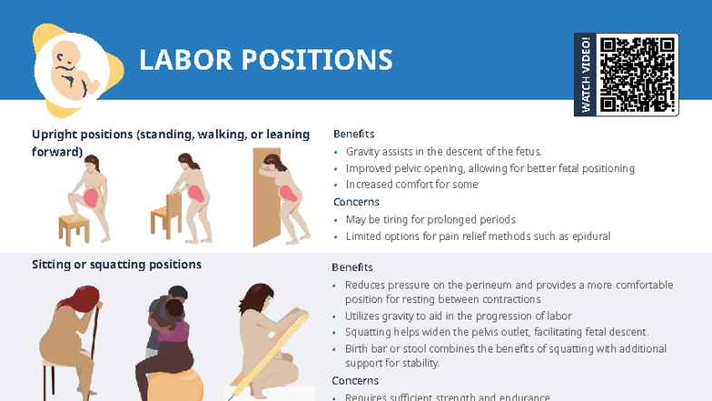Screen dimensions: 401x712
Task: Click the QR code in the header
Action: click(638, 74)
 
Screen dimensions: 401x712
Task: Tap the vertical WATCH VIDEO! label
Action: click(586, 75)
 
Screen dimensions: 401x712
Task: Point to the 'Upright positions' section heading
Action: click(171, 135)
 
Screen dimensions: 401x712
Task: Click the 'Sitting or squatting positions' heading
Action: click(116, 265)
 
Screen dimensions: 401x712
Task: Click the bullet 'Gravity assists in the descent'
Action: click(443, 152)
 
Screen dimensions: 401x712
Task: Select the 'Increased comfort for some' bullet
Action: click(411, 185)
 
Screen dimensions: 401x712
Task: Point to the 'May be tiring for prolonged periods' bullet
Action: click(430, 219)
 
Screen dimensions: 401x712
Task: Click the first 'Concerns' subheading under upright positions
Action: click(356, 202)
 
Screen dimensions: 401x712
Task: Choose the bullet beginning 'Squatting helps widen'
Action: click(496, 332)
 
